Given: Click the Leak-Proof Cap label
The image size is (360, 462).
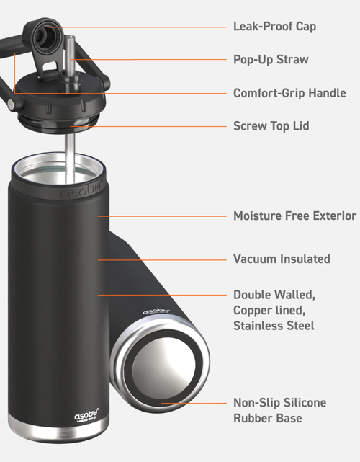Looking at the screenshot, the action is pyautogui.click(x=274, y=27).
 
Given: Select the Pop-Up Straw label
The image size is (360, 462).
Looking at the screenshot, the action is pyautogui.click(x=271, y=60).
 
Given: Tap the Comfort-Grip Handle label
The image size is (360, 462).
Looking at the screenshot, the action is pyautogui.click(x=289, y=93).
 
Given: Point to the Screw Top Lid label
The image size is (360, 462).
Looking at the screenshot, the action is pyautogui.click(x=271, y=126).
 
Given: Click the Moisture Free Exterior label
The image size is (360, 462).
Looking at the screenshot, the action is pyautogui.click(x=294, y=216).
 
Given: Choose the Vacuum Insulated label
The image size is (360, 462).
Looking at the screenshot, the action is pyautogui.click(x=282, y=259).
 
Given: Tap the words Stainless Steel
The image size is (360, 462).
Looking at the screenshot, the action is pyautogui.click(x=274, y=326).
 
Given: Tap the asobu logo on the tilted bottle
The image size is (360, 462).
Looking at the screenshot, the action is pyautogui.click(x=156, y=311).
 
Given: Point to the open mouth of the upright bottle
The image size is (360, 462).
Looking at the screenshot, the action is pyautogui.click(x=58, y=169).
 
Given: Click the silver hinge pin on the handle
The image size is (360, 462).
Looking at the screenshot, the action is pyautogui.click(x=11, y=103).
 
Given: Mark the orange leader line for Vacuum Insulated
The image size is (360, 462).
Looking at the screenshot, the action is pyautogui.click(x=162, y=260).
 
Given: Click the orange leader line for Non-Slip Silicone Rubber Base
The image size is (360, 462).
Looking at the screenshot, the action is pyautogui.click(x=194, y=403).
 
